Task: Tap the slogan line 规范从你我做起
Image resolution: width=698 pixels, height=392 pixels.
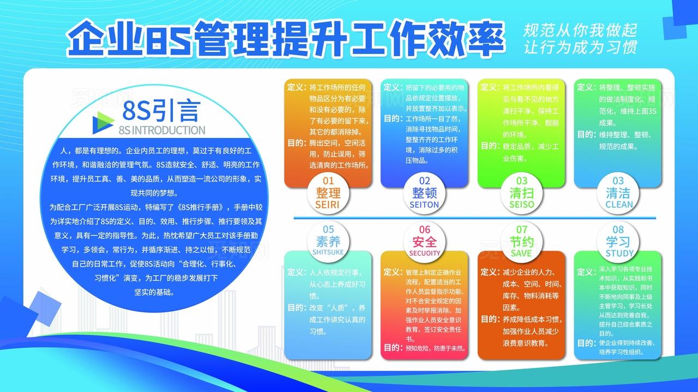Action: (x=580, y=30)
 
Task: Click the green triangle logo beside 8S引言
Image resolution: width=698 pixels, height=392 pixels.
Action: (x=103, y=121)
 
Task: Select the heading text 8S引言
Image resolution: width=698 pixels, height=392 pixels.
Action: (x=161, y=110)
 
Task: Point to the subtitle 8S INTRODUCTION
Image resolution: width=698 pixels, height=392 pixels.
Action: (x=161, y=130)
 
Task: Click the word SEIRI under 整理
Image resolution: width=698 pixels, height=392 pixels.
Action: (x=327, y=204)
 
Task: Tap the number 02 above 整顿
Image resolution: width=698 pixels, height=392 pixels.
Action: (x=424, y=180)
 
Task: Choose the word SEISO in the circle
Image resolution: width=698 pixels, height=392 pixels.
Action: (x=521, y=204)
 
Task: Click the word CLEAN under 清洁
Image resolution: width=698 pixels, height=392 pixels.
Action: (x=619, y=204)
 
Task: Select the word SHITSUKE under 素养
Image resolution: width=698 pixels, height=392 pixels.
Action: (x=328, y=253)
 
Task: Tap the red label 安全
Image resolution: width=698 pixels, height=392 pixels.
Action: (x=424, y=242)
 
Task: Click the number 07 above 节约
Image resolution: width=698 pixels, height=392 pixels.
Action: (x=522, y=230)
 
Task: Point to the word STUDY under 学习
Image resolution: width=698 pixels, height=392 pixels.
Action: (x=619, y=254)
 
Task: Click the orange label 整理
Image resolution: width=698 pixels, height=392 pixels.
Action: (x=328, y=192)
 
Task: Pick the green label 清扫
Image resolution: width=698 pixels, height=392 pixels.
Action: (x=521, y=193)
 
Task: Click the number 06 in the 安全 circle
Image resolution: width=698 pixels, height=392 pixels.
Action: (x=424, y=230)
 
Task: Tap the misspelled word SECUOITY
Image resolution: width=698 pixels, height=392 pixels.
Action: (x=424, y=253)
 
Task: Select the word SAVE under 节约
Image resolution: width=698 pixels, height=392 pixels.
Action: (x=521, y=254)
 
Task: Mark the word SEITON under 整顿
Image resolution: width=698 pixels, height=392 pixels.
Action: (x=424, y=204)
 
